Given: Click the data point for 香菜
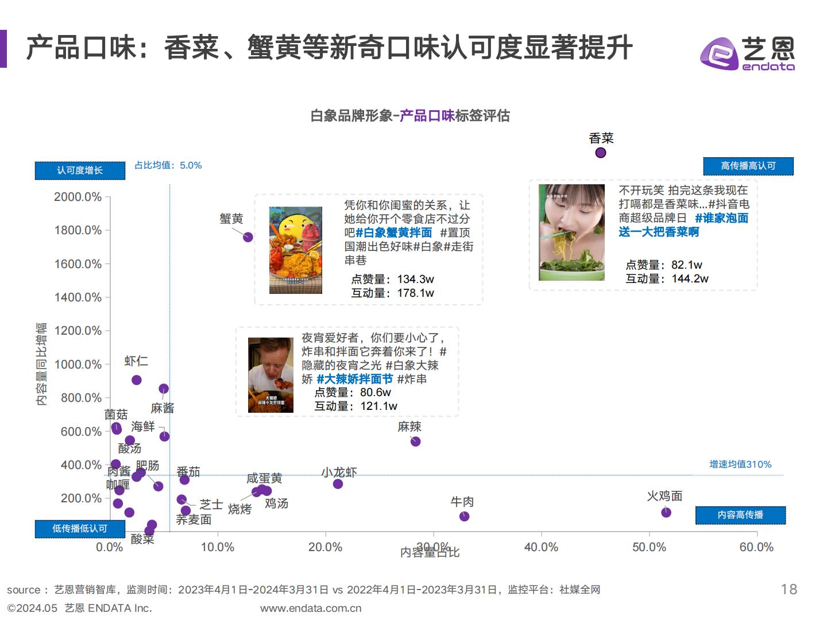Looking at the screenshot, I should (600, 153).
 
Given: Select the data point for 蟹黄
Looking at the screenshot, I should (248, 237).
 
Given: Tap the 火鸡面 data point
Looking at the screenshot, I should (666, 512).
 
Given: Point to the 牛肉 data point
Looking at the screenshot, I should (465, 516).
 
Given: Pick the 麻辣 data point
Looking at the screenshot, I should (416, 441).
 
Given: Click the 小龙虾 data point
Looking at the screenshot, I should (338, 484).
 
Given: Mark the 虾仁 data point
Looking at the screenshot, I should (137, 380).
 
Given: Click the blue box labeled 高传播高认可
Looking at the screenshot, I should (748, 166).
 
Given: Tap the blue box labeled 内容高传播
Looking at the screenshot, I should (740, 515).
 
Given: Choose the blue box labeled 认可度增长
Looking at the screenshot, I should (80, 170).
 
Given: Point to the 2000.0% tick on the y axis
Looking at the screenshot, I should (78, 197).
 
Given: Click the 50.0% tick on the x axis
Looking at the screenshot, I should (649, 547).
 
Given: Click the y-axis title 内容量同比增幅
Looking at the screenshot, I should (41, 364).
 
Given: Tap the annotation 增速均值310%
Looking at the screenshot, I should (740, 464).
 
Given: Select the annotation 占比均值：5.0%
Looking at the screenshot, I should (168, 165).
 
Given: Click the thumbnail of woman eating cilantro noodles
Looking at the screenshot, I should (571, 232).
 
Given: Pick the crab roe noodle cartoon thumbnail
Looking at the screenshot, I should (296, 250).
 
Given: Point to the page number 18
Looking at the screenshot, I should (789, 589).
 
